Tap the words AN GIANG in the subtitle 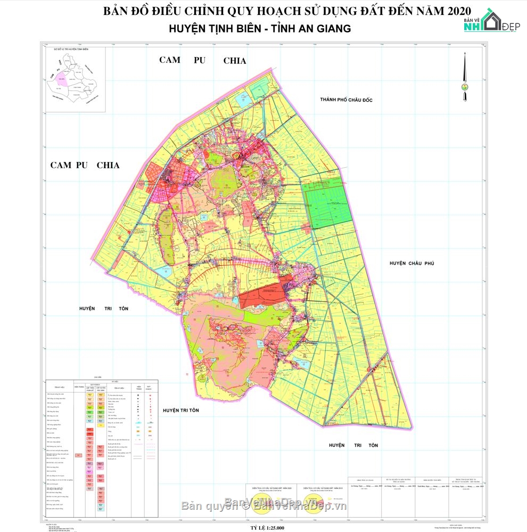pyautogui.click(x=326, y=29)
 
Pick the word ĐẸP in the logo pyautogui.click(x=511, y=27)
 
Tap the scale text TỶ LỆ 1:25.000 pyautogui.click(x=263, y=527)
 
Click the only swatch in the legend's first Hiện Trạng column pyautogui.click(x=79, y=455)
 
